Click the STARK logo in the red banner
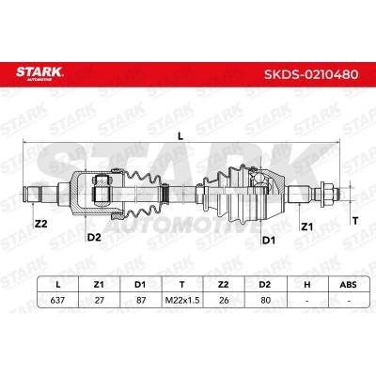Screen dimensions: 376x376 point(39,73)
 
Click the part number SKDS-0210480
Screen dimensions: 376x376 point(311,74)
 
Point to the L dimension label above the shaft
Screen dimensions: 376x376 point(180,136)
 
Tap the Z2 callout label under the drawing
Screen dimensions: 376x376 point(40,224)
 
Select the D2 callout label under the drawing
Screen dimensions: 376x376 point(94,237)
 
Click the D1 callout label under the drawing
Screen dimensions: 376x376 point(269,241)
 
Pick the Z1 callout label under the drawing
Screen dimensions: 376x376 point(306,227)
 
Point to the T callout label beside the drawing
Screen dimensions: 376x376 point(355,221)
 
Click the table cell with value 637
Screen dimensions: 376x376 point(57,300)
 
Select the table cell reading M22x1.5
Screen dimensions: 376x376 point(182,300)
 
